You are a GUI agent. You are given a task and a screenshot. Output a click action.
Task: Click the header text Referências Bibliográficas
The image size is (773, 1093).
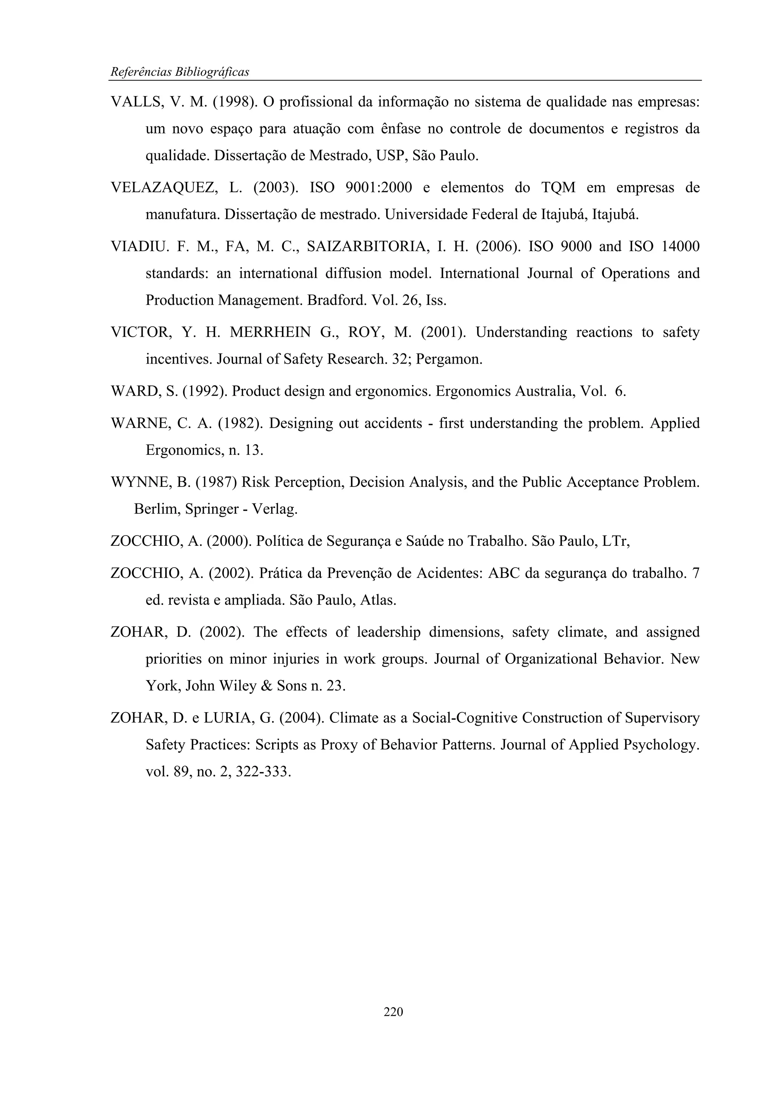tap(180, 72)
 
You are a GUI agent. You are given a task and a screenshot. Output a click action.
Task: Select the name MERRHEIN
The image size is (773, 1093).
tap(270, 332)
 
